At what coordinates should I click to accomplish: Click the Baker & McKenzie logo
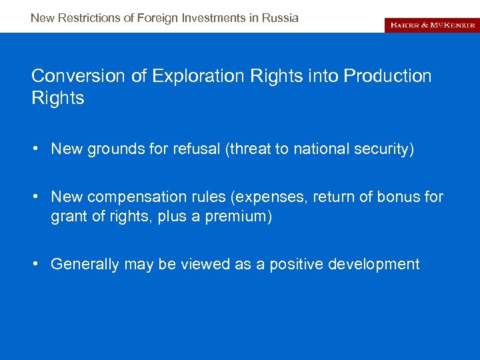click(x=431, y=25)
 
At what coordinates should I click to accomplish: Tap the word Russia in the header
click(x=281, y=18)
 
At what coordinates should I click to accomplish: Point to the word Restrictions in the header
click(x=91, y=18)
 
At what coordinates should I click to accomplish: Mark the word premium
click(x=235, y=217)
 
